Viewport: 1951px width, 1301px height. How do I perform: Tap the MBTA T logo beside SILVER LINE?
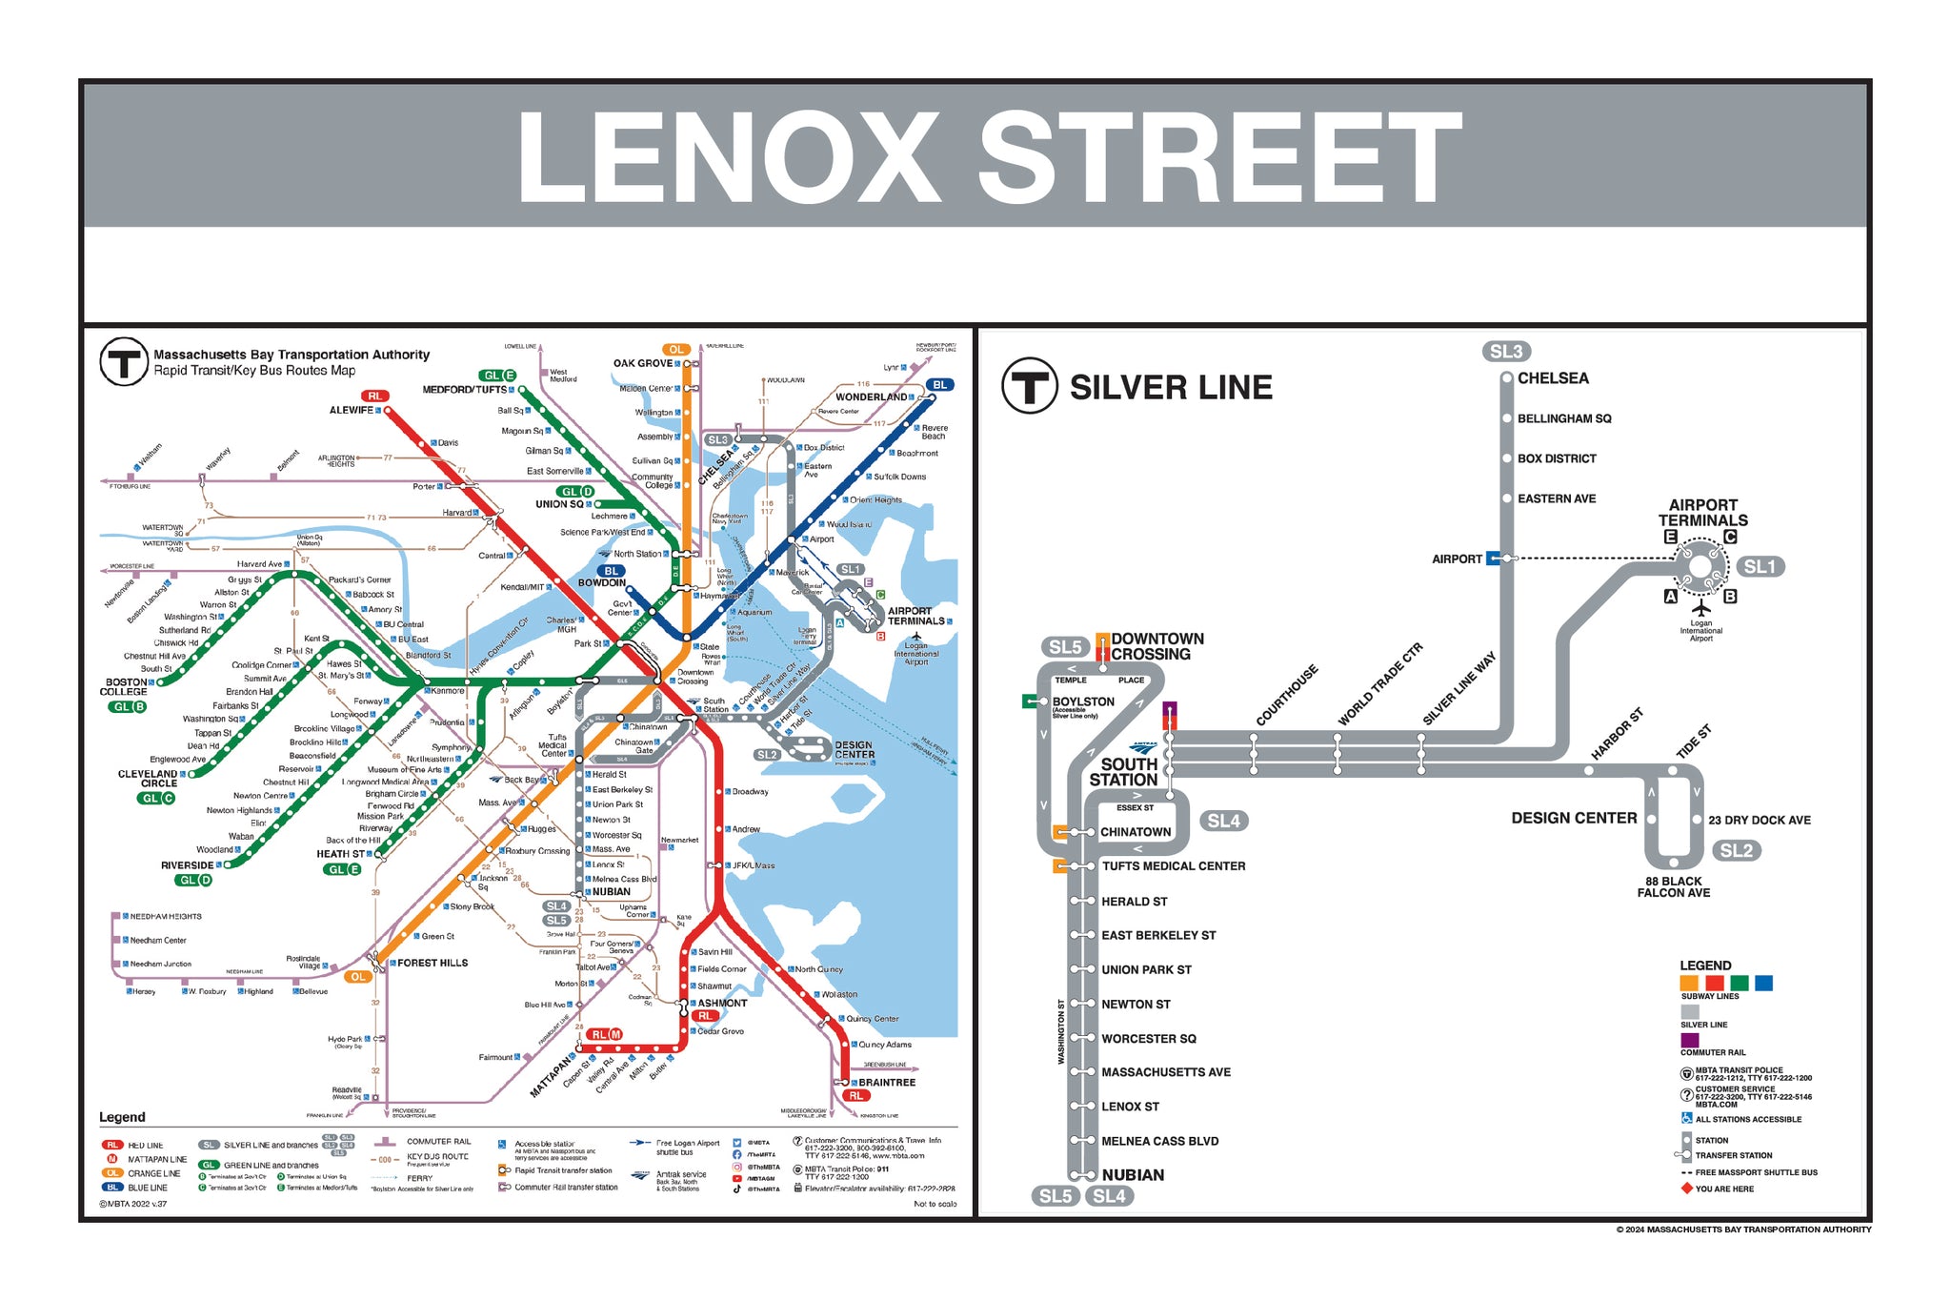(1029, 386)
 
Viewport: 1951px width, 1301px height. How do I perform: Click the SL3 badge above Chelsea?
(1505, 352)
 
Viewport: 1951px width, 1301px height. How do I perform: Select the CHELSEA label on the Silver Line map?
(1553, 378)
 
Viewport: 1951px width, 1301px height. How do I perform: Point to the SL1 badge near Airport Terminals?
(1759, 567)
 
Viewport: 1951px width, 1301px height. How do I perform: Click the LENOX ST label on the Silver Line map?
(1130, 1107)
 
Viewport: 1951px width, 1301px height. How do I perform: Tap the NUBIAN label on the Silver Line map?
(1133, 1175)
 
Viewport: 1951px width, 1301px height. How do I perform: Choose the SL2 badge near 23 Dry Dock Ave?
(1736, 850)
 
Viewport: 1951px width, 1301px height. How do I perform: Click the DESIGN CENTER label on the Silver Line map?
(1574, 818)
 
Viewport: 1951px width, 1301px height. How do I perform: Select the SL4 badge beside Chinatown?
(1223, 821)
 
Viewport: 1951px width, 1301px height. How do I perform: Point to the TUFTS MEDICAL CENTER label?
(1174, 866)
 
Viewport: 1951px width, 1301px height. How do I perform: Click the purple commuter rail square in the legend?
(1689, 1040)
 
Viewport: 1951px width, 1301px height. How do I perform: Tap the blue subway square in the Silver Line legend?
(1763, 983)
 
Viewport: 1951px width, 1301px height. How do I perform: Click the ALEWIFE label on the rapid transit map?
(351, 411)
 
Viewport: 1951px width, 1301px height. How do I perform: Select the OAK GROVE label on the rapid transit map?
(642, 363)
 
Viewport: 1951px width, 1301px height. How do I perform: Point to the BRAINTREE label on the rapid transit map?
(886, 1083)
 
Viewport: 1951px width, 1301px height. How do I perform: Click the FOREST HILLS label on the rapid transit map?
(432, 964)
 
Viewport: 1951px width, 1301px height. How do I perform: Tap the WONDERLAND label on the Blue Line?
(871, 397)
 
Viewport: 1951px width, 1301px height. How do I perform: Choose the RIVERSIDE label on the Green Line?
(187, 865)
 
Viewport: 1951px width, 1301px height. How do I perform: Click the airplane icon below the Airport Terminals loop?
(1700, 608)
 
